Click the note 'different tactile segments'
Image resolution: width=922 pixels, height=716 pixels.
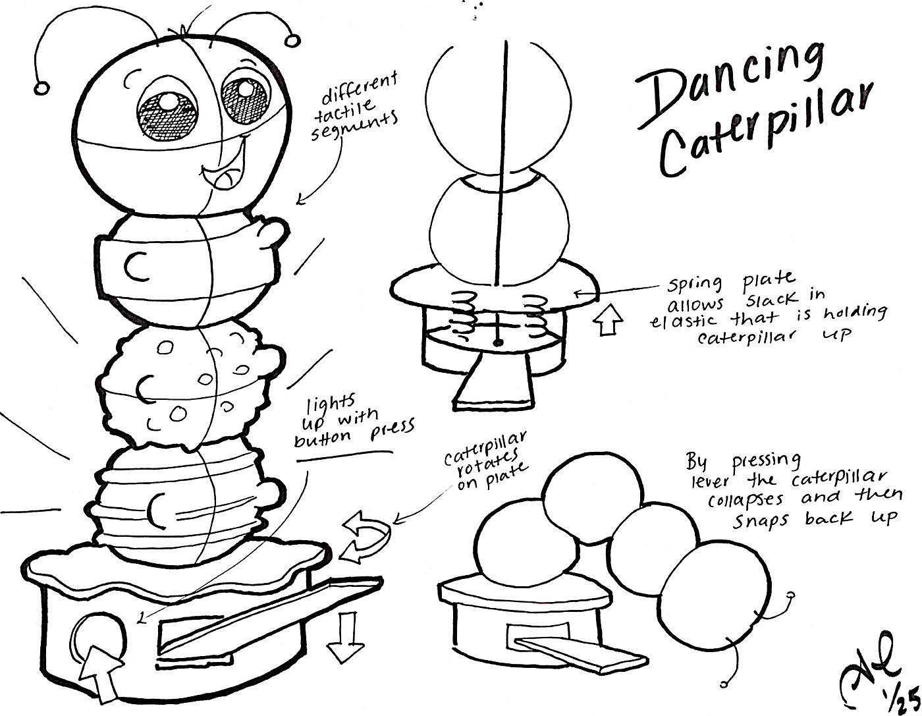[x=359, y=105]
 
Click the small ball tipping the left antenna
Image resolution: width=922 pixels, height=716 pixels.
[x=41, y=87]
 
